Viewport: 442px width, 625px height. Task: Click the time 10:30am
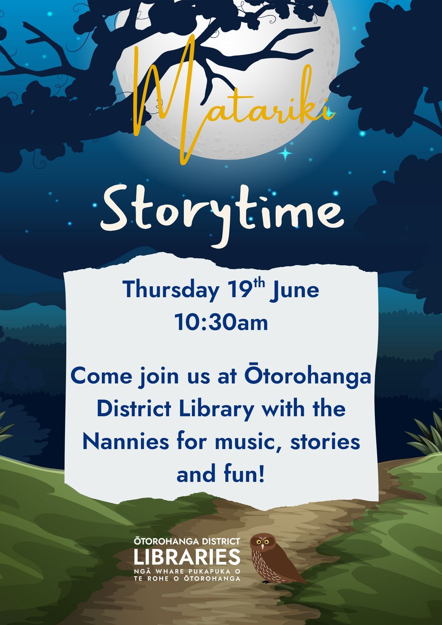point(221,322)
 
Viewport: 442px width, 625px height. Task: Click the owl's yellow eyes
point(263,542)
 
